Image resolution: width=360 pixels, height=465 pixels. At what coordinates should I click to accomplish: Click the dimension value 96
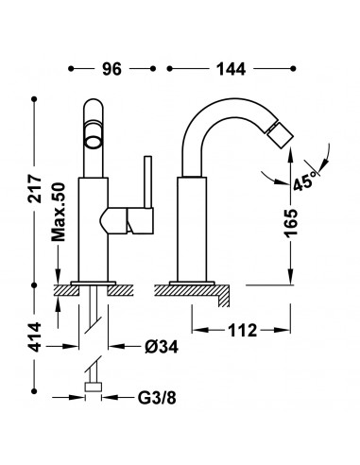point(111,69)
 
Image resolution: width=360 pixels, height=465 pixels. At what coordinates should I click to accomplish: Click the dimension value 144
point(231,69)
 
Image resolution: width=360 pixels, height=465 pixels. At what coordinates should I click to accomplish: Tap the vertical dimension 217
point(35,189)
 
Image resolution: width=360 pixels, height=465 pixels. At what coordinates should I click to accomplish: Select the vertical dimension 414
point(35,336)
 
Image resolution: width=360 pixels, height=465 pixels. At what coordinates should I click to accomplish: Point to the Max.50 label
point(59,213)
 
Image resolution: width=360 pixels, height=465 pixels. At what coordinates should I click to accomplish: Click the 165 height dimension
point(290,222)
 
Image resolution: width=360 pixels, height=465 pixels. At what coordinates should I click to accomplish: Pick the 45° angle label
point(303,181)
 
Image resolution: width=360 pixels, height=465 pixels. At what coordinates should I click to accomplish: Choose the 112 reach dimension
point(242,330)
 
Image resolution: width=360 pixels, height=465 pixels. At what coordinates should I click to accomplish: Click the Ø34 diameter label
point(162,347)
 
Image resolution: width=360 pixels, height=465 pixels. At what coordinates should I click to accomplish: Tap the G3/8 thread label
point(157,398)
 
